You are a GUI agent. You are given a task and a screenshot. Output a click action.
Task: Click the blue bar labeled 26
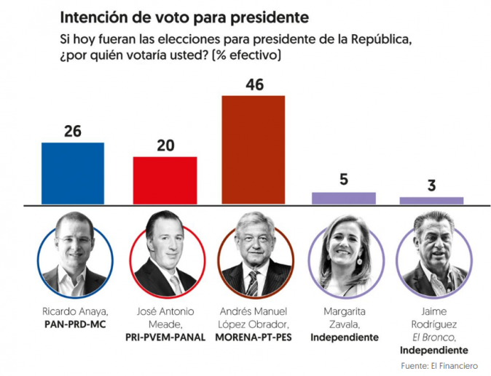coord(73,173)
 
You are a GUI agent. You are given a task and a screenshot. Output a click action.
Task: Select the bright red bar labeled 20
coord(165,180)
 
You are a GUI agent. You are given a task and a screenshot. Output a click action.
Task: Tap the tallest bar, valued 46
coord(254,150)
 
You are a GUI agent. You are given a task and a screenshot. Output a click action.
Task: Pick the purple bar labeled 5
coord(344,198)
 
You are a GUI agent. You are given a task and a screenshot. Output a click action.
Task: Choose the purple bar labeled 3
coord(431,200)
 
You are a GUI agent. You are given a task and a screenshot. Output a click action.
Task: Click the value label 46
coord(254,84)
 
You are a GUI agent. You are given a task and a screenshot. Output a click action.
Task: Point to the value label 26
coord(72,132)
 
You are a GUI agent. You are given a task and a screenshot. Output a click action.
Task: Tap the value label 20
coord(166,145)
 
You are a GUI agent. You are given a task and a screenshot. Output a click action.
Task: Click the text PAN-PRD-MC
coord(75,324)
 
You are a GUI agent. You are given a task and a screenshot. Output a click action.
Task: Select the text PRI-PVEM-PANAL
coord(165,337)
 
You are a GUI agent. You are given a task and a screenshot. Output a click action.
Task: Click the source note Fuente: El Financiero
coord(436,364)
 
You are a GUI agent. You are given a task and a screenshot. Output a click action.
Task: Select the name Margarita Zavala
coord(345,318)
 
